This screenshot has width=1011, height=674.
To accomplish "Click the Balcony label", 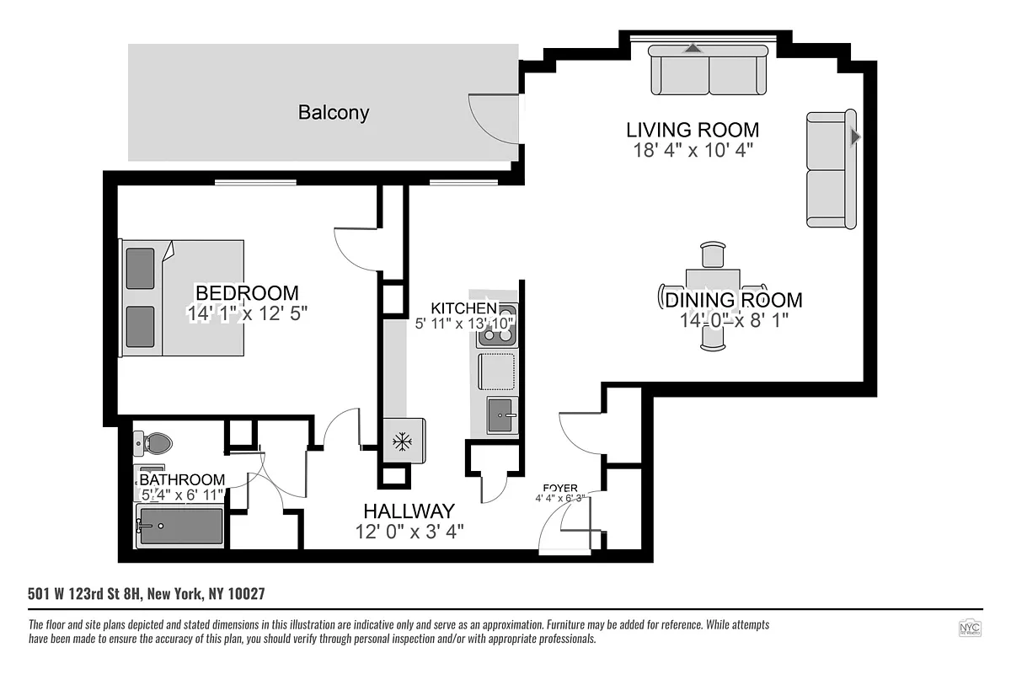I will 334,112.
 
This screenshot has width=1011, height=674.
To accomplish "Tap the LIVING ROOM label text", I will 693,130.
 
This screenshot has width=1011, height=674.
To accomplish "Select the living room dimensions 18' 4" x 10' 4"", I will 693,151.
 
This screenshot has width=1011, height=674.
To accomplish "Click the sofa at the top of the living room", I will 709,71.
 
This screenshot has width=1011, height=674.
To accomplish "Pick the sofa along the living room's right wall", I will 831,169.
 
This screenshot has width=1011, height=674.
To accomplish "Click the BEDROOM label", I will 247,293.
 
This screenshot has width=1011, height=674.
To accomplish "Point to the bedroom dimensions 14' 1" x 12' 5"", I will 247,313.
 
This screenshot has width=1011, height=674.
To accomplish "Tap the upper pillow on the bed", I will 141,268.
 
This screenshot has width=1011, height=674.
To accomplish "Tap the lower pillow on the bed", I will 141,326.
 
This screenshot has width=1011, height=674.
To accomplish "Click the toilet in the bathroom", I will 153,442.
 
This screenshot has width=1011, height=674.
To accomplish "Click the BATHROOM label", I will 182,479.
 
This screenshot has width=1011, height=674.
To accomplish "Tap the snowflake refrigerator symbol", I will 403,441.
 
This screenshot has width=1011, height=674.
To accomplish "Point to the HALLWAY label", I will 409,511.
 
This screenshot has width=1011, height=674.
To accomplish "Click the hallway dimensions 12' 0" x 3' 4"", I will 409,531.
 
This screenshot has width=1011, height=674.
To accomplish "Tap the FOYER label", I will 560,488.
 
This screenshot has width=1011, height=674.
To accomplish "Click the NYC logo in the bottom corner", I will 971,629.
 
